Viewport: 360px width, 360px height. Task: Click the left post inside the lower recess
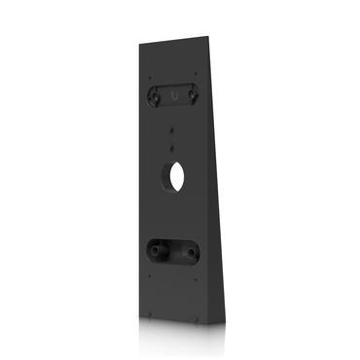153,250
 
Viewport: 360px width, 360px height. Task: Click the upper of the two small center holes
174,127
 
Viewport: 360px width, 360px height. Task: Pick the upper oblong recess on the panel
175,95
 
